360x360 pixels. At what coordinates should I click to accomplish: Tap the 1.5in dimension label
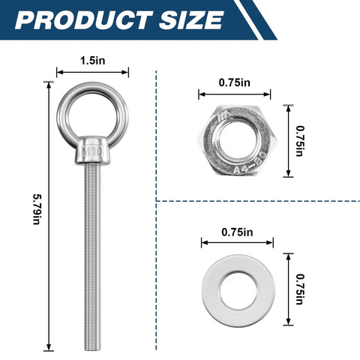(x=93, y=60)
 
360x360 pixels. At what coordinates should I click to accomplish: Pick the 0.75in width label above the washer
(x=237, y=232)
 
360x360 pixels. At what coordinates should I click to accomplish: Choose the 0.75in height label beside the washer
(x=300, y=289)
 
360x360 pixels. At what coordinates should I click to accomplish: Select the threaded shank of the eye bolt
(x=93, y=247)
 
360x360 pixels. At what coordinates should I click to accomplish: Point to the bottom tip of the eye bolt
(x=93, y=346)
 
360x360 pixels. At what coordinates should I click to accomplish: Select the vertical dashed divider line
(x=156, y=150)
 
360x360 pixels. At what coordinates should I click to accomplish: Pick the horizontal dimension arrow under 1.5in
(x=93, y=73)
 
